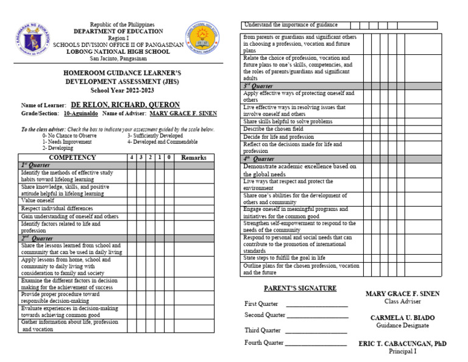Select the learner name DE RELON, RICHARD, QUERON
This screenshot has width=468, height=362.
(125, 105)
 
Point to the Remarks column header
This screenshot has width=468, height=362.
(194, 158)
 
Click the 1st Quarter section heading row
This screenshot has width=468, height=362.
(35, 165)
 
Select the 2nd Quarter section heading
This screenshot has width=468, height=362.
(37, 239)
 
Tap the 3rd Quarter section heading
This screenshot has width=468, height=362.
(258, 87)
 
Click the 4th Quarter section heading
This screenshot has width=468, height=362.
(258, 159)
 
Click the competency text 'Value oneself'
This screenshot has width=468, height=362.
(38, 201)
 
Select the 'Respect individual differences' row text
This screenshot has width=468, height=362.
(57, 208)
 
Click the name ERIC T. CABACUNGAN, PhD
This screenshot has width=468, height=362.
(402, 344)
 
